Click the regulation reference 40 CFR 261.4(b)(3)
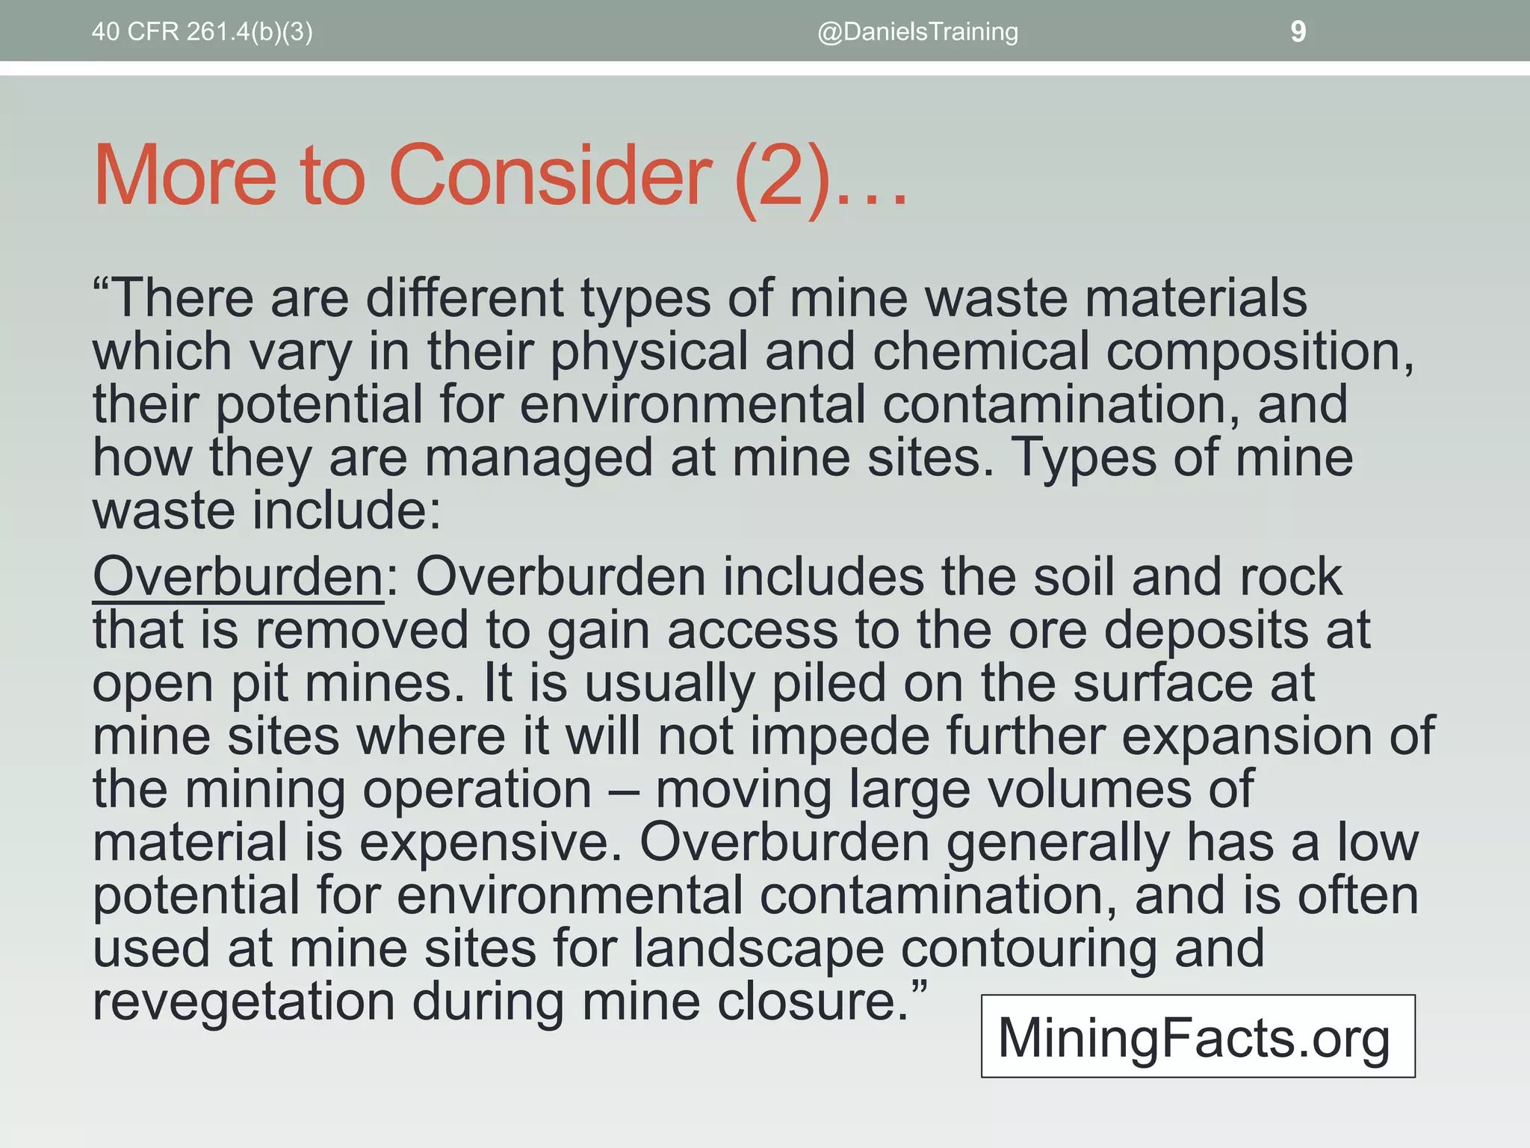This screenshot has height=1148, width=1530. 202,32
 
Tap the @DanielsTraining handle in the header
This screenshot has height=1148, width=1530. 917,32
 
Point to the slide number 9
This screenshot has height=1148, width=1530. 1298,32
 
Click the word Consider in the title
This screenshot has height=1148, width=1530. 550,176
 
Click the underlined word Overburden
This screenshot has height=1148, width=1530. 238,577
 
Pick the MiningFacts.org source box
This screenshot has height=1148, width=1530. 1198,1036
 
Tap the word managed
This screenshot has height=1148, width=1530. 538,458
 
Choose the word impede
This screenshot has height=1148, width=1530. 840,737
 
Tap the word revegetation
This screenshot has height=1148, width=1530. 244,1002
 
